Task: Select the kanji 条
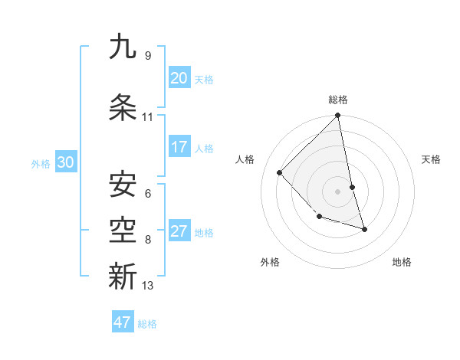pyautogui.click(x=123, y=108)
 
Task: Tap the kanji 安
pyautogui.click(x=123, y=184)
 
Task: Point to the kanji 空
pyautogui.click(x=123, y=229)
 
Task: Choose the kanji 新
pyautogui.click(x=123, y=275)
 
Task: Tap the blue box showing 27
pyautogui.click(x=179, y=231)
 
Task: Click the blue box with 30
pyautogui.click(x=65, y=162)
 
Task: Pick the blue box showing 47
pyautogui.click(x=123, y=322)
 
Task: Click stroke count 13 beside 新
pyautogui.click(x=148, y=286)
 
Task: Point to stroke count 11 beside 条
pyautogui.click(x=148, y=117)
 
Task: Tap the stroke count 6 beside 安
pyautogui.click(x=148, y=194)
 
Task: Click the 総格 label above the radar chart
pyautogui.click(x=338, y=100)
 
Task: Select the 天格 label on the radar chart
pyautogui.click(x=431, y=159)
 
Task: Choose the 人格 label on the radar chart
pyautogui.click(x=245, y=159)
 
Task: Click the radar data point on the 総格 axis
pyautogui.click(x=338, y=116)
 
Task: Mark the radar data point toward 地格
pyautogui.click(x=364, y=229)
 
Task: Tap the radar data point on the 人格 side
pyautogui.click(x=280, y=172)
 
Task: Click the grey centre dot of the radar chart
pyautogui.click(x=338, y=191)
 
